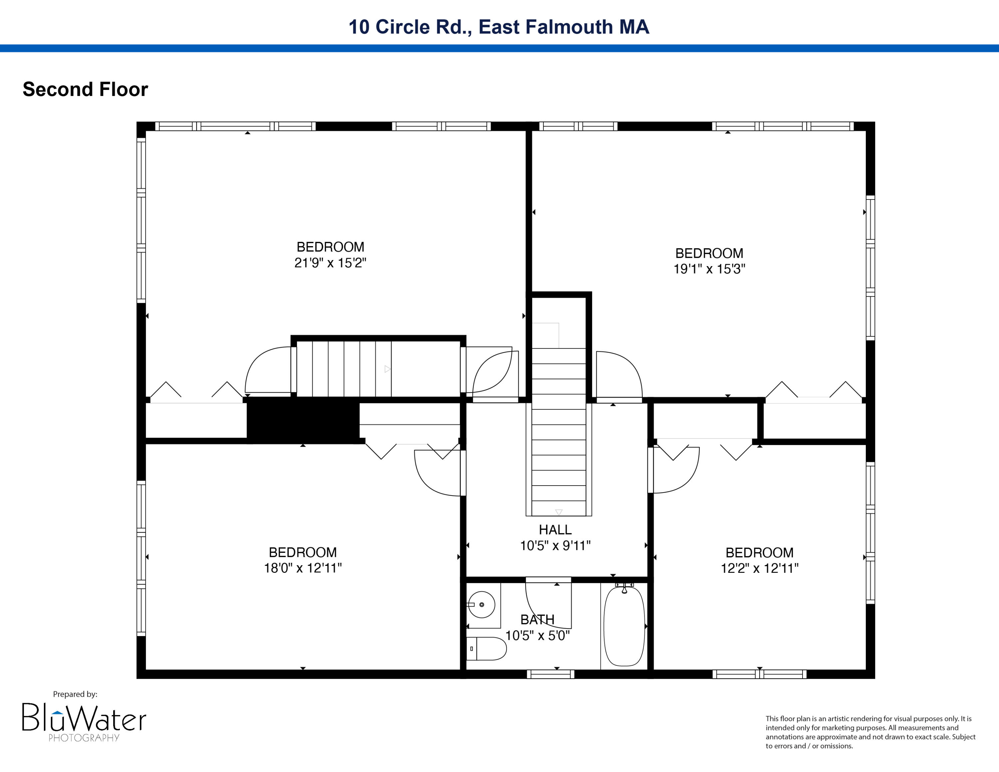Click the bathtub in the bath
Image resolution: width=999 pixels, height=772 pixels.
click(624, 626)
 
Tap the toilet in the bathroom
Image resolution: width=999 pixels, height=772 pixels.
click(486, 648)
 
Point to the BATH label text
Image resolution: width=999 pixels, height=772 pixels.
click(537, 620)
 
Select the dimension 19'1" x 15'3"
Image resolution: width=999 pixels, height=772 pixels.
click(709, 269)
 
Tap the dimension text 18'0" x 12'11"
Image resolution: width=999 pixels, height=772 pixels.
click(303, 568)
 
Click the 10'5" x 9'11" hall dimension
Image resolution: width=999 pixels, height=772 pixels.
click(555, 546)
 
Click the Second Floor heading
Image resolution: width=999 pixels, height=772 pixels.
click(86, 89)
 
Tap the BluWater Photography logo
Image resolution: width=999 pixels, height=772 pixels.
click(84, 723)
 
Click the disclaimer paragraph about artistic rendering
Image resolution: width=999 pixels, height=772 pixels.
click(870, 732)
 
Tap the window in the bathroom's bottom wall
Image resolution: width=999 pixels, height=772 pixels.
click(550, 674)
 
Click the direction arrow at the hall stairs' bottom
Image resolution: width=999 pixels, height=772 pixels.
click(558, 512)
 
